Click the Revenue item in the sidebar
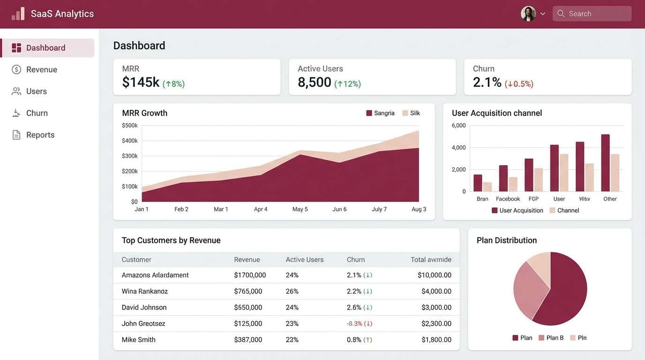[41, 70]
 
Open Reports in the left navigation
[40, 135]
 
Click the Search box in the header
[592, 14]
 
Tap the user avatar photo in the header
[528, 14]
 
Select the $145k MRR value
[141, 82]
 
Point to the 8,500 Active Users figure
[315, 82]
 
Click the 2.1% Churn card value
[487, 82]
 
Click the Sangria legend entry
[380, 113]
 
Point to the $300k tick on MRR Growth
[130, 156]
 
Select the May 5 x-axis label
[300, 209]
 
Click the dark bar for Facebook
[503, 178]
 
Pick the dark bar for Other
[605, 163]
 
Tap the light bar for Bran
[487, 187]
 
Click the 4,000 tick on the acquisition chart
[458, 148]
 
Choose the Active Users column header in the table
[304, 260]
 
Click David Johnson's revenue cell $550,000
[248, 307]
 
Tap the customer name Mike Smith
[138, 340]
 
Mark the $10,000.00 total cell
[434, 275]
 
